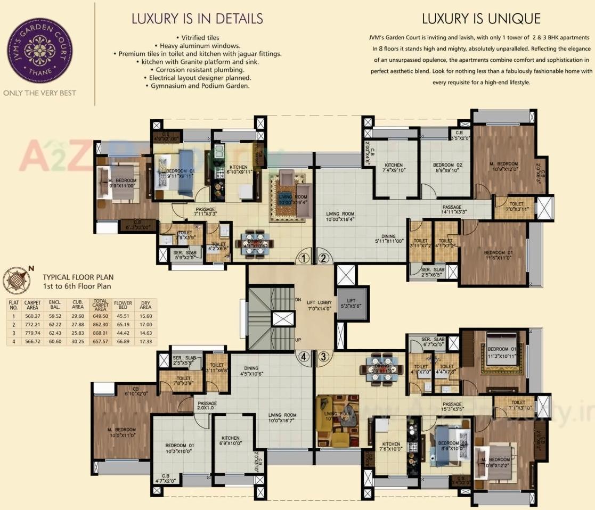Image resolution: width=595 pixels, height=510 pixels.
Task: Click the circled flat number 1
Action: [x=303, y=259]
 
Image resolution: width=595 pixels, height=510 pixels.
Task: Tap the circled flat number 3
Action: [x=323, y=357]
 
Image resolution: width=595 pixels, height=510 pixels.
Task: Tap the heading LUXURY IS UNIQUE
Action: [x=481, y=19]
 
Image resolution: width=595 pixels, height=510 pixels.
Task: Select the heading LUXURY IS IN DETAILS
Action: [x=197, y=19]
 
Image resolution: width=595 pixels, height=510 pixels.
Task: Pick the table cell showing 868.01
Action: [x=100, y=334]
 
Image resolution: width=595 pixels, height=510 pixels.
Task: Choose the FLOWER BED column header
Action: [x=123, y=305]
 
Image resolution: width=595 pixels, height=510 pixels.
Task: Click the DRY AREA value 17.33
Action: [x=145, y=341]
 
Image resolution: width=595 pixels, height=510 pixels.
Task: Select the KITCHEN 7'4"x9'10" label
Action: [x=393, y=168]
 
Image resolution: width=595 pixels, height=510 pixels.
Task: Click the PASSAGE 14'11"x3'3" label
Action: [x=452, y=210]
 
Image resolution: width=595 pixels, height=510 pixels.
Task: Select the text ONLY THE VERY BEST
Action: [x=39, y=93]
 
